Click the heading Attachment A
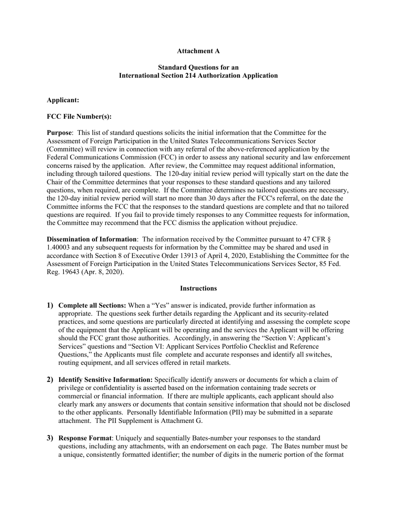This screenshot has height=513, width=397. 198,51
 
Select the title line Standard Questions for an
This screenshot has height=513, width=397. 198,67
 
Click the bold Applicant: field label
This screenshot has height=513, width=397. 63,100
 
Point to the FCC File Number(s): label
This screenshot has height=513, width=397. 79,117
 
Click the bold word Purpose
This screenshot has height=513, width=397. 59,133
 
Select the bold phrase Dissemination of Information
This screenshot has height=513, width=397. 92,239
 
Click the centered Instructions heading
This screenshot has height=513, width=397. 198,289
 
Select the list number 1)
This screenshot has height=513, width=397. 50,305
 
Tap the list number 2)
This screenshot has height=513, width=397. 50,380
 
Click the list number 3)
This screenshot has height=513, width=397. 50,438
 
